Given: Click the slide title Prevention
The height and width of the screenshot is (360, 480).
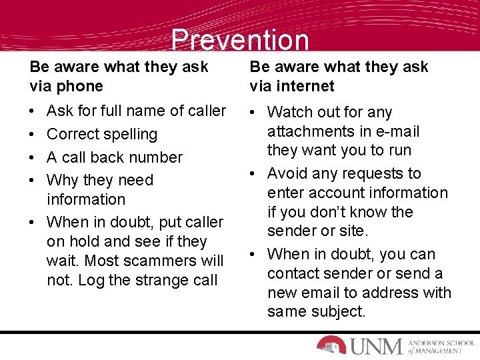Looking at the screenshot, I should [240, 40].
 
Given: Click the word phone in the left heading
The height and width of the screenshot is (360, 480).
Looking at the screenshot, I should [81, 86].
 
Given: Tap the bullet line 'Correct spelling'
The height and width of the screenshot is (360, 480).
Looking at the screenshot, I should [102, 134].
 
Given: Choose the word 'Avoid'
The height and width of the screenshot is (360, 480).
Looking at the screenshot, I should [288, 173].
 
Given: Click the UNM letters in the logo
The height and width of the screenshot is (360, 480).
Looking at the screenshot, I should [375, 345].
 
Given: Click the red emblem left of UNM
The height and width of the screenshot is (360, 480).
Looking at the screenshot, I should [331, 344].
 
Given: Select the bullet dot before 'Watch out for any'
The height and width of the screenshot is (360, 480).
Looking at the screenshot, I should [255, 113].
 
